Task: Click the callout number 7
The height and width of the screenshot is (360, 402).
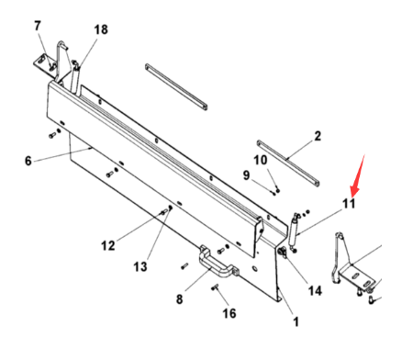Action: coord(38,26)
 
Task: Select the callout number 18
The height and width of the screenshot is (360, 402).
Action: coord(101,29)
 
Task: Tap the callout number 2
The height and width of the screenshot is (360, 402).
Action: coord(318,136)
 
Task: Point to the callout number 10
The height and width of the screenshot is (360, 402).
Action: coord(261,160)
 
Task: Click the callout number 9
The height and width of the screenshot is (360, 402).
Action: coord(246,175)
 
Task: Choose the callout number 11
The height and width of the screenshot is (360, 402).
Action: coord(349,204)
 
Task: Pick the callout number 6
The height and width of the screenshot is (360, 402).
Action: coord(28,161)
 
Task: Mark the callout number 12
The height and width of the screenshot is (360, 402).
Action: coord(108,245)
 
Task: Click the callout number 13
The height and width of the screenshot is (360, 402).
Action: coord(140,266)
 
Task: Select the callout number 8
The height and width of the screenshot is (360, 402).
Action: coord(180,298)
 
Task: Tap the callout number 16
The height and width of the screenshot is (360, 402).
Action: coord(229,313)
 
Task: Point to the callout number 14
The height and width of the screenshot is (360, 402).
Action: coord(315,290)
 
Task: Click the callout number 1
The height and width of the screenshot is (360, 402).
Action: coord(296,321)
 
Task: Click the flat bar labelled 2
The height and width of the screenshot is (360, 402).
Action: coord(288,163)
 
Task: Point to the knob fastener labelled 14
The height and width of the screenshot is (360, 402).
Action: coord(282,253)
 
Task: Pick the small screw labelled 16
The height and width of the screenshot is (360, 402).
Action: coord(215,287)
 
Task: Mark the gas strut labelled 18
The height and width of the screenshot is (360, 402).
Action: coord(75,76)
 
